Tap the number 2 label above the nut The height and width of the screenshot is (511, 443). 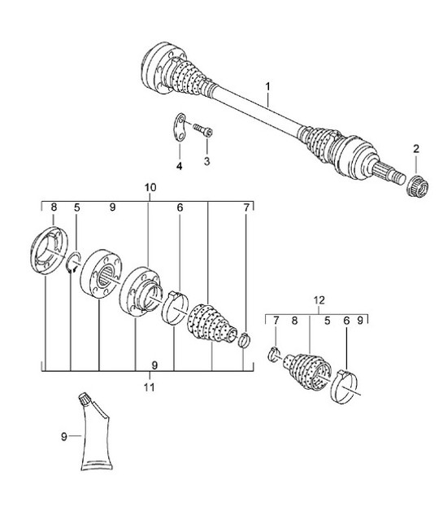(415, 148)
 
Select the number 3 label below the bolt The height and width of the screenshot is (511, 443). (206, 163)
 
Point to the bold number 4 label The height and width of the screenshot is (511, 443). (180, 166)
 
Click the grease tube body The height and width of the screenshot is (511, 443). (97, 439)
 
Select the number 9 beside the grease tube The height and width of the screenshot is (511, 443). (63, 437)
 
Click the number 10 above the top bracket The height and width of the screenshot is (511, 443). (150, 187)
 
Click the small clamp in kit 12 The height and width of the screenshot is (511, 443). (275, 353)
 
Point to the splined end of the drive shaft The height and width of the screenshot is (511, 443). (391, 175)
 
